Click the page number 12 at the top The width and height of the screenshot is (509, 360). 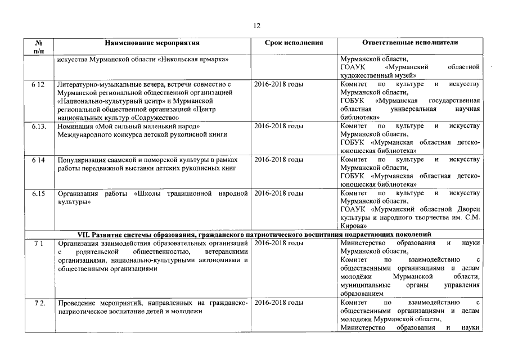tap(256, 25)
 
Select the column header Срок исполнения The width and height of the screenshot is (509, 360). tap(294, 43)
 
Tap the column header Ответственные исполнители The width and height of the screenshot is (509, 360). tap(410, 43)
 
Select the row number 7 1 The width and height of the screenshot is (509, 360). tap(37, 243)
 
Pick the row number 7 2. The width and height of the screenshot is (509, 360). tap(38, 303)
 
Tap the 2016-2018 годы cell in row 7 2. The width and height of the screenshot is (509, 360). tap(279, 303)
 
